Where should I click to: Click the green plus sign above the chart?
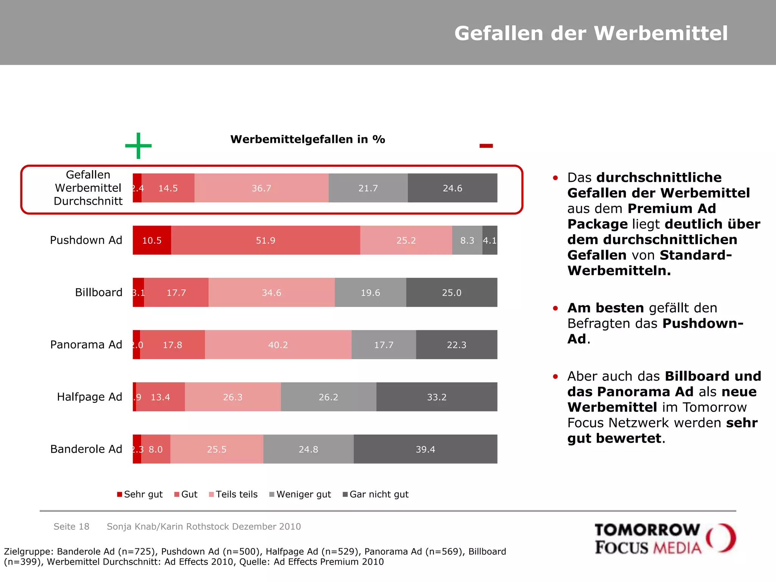click(138, 145)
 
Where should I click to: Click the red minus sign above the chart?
click(486, 146)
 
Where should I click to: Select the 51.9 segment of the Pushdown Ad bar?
click(265, 240)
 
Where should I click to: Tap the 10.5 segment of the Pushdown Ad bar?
click(152, 240)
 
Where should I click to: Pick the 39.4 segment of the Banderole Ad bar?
click(425, 449)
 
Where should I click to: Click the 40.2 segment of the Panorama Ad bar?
click(278, 345)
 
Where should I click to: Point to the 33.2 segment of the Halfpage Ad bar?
click(436, 397)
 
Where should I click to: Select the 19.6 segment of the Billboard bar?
click(370, 293)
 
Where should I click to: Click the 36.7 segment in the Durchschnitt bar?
click(261, 188)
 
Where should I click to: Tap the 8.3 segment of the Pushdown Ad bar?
click(467, 240)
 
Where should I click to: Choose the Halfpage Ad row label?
click(89, 397)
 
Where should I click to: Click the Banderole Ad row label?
click(86, 449)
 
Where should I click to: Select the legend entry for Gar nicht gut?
click(375, 494)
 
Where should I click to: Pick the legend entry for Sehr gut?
click(140, 494)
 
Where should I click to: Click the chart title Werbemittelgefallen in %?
click(308, 139)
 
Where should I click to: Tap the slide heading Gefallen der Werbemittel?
click(591, 33)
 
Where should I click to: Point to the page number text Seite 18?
click(71, 526)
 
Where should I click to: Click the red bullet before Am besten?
click(555, 308)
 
